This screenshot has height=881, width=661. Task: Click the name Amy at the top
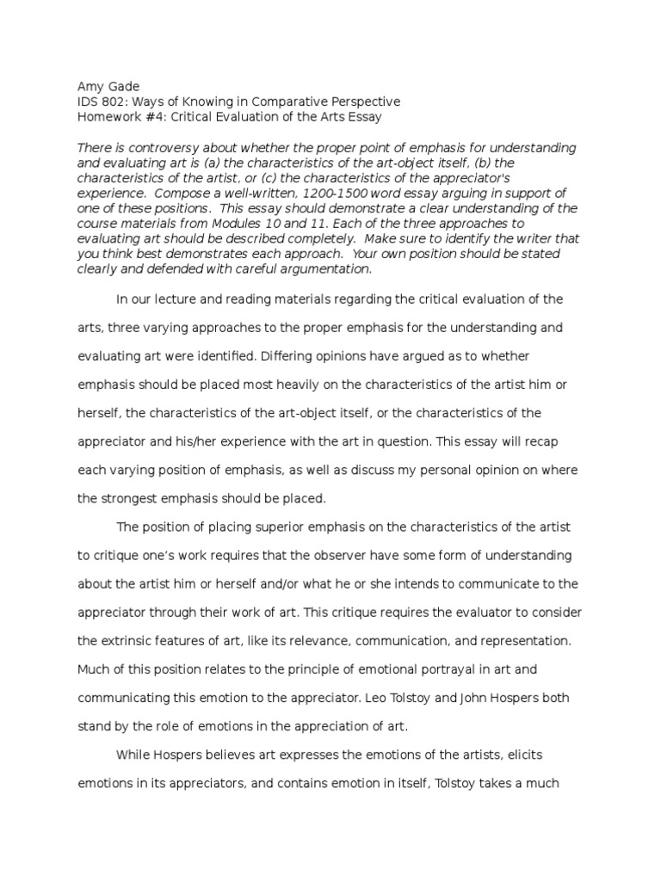tap(90, 86)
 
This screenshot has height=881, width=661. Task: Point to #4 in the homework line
tap(156, 117)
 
